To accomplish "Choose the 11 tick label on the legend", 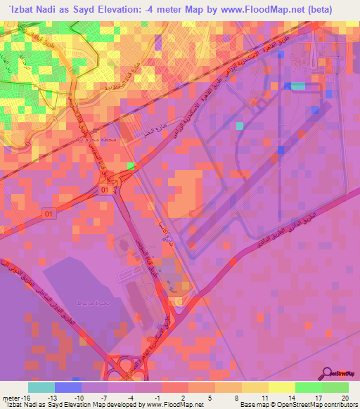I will tap(264, 397).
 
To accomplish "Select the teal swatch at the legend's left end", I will tap(41, 387).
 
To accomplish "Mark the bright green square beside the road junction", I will tap(131, 166).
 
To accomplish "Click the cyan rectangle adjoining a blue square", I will tap(298, 86).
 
